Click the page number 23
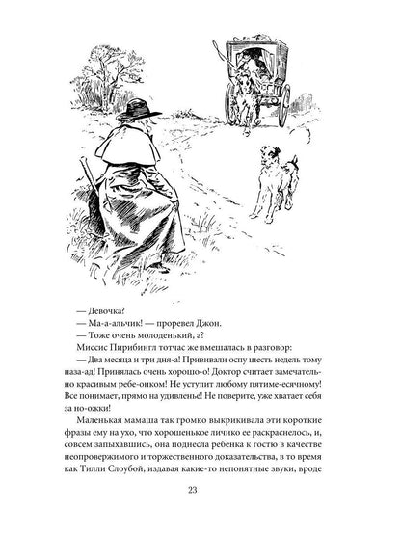pyautogui.click(x=200, y=496)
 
